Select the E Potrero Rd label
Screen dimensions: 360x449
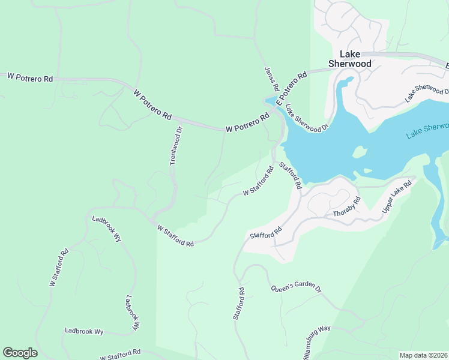292,86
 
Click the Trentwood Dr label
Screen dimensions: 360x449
176,146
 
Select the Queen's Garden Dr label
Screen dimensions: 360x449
296,280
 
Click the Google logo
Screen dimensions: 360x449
20,353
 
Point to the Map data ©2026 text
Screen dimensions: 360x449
423,355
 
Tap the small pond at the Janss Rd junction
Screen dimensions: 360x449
271,100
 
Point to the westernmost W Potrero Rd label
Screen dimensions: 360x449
30,77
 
